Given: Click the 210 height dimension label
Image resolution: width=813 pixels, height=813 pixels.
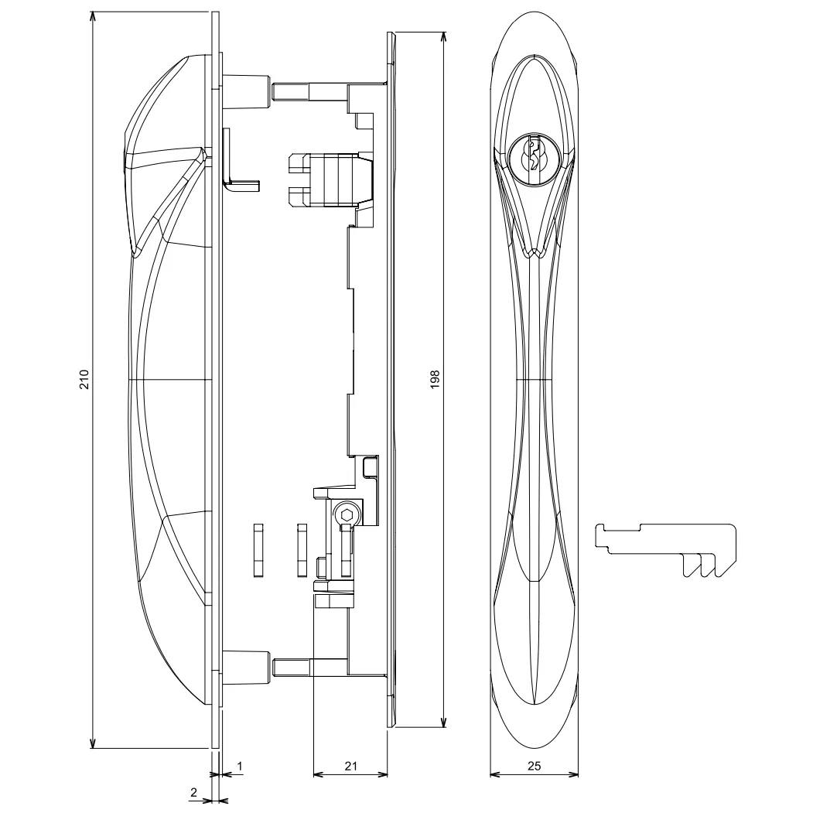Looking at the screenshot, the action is tap(84, 379).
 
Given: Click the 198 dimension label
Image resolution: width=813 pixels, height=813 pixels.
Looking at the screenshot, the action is tap(435, 379).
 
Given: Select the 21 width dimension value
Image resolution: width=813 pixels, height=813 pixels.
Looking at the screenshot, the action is tap(351, 766).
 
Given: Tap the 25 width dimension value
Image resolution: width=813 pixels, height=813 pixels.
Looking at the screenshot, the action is tap(534, 766).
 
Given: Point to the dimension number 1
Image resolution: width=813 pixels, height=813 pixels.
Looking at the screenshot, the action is tap(240, 766).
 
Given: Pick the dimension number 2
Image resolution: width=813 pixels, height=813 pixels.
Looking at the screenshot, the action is tap(194, 792).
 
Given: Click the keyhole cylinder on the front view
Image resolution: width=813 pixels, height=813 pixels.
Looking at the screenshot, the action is tap(534, 155).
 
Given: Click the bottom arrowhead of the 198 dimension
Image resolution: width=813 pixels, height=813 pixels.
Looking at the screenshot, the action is tap(442, 722).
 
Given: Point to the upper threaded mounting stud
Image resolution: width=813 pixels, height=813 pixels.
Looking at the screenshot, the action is tap(309, 92).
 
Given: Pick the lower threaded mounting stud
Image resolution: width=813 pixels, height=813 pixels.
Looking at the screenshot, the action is tap(309, 667).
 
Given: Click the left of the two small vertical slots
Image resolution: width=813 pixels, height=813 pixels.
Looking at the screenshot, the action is tap(258, 550).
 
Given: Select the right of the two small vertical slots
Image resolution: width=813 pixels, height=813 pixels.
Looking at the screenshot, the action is tap(302, 550).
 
